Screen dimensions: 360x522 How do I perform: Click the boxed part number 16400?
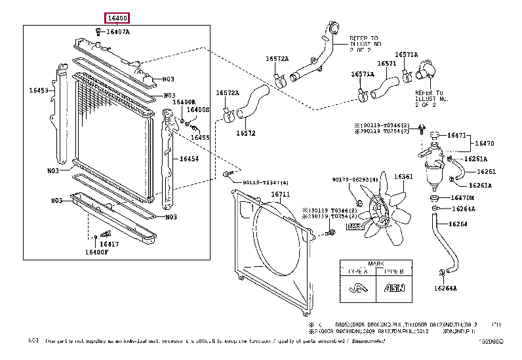[117, 18]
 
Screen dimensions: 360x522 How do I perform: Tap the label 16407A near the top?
[118, 31]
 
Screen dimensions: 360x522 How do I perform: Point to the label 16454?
[189, 159]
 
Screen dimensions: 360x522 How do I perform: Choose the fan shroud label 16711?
[281, 195]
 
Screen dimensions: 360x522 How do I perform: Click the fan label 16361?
[403, 176]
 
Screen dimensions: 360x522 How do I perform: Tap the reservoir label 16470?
[484, 143]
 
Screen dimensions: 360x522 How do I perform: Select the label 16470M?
[463, 197]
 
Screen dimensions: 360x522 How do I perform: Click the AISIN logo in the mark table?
[393, 287]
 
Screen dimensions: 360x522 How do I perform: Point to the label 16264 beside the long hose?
[458, 224]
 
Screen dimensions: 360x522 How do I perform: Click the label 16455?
[200, 138]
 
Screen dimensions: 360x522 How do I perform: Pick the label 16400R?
[184, 102]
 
